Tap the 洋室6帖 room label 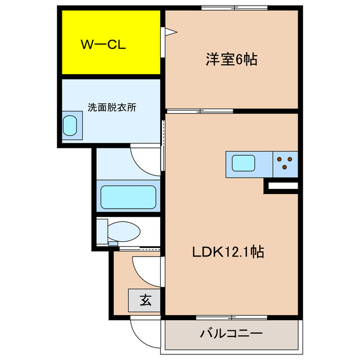click(231, 60)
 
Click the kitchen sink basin click(244, 164)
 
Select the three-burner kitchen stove click(285, 163)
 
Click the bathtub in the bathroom click(128, 197)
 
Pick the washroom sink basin click(70, 125)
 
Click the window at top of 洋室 click(235, 8)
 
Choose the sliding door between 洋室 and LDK click(200, 110)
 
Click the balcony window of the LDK click(231, 318)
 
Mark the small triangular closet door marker click(168, 33)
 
